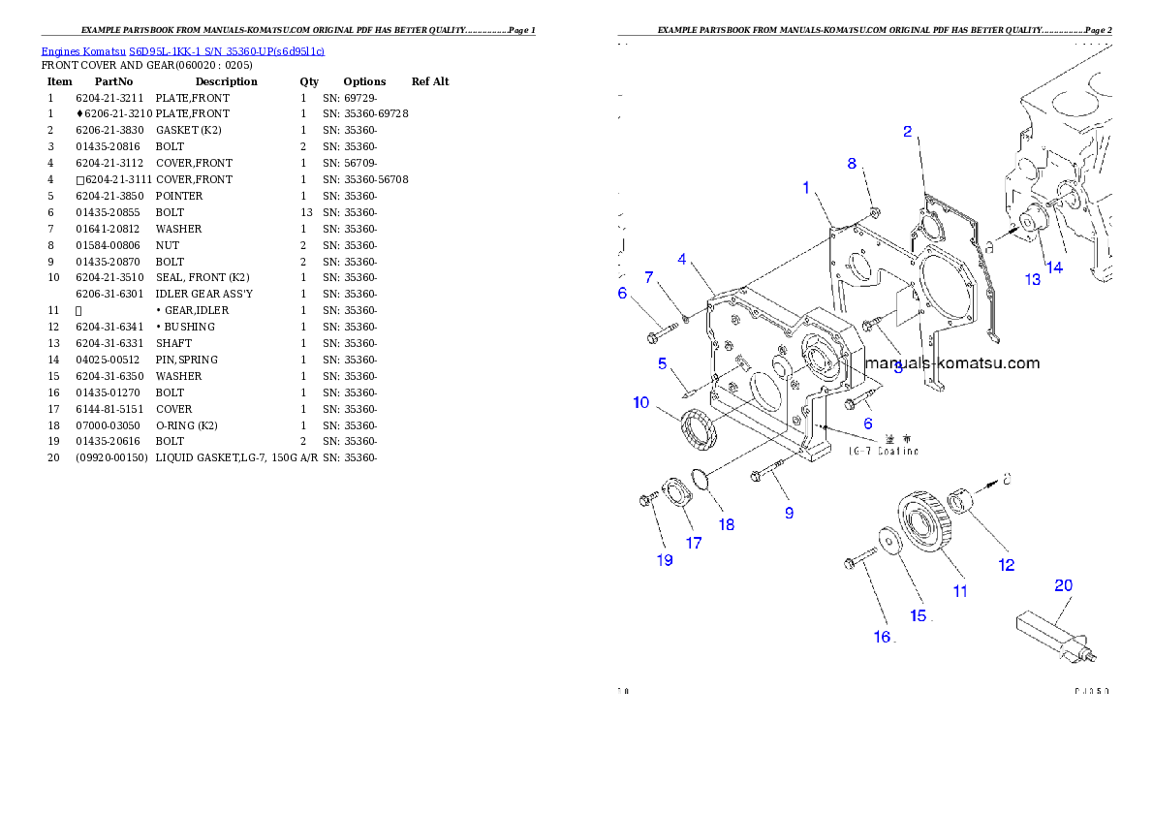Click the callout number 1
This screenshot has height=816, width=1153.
[x=806, y=187]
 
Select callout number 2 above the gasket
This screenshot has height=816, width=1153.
[x=908, y=131]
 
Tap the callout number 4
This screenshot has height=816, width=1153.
[x=682, y=259]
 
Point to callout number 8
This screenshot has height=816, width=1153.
[x=853, y=163]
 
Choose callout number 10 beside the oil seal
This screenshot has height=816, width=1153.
[x=641, y=402]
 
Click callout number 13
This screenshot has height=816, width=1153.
[x=1033, y=279]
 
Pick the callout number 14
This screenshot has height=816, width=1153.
[x=1054, y=267]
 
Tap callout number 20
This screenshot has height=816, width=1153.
[x=1063, y=585]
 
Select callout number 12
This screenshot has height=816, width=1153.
[x=1007, y=565]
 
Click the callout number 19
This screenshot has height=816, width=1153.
[x=665, y=560]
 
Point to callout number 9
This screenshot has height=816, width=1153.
[x=789, y=513]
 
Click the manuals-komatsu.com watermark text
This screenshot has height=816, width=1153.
[x=951, y=364]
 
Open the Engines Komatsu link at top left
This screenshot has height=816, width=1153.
[x=182, y=50]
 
